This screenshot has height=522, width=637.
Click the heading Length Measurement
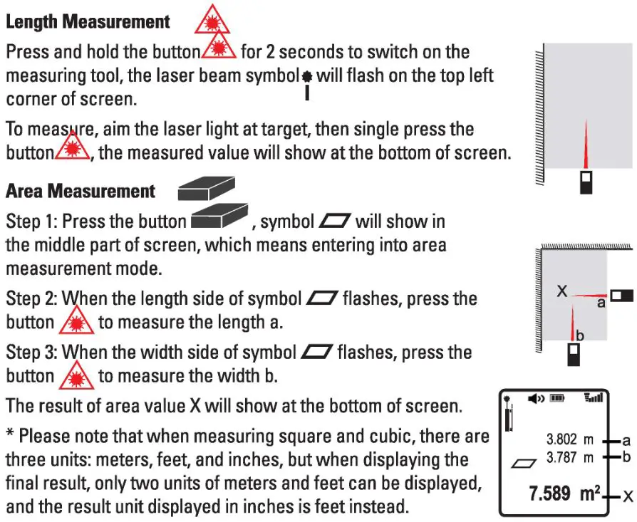point(88,21)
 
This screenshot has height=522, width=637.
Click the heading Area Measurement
point(81,191)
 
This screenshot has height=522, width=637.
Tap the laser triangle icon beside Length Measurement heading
point(213,19)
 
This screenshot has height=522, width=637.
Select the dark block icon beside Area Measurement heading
point(206,189)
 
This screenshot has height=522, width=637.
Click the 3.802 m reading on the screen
point(570,440)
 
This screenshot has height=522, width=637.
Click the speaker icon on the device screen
point(536,400)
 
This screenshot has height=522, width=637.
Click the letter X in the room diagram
point(561,291)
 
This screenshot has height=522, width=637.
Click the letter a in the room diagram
point(601,303)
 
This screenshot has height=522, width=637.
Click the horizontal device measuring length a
point(621,295)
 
